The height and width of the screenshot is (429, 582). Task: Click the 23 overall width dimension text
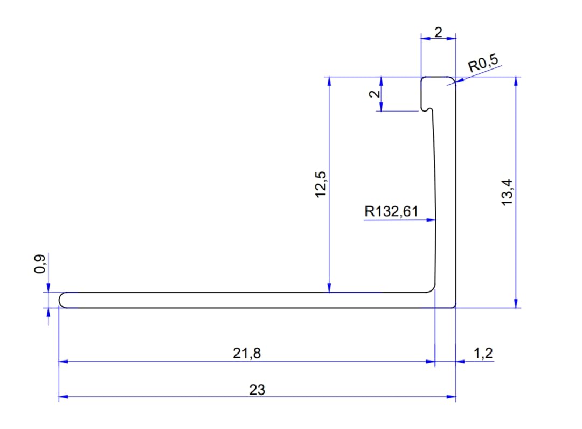(x=257, y=390)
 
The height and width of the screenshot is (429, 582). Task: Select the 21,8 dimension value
(x=247, y=353)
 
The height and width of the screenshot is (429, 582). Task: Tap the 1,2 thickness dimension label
(x=483, y=353)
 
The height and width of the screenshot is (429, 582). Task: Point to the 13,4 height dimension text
(x=507, y=192)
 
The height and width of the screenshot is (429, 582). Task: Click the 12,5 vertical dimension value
(x=320, y=184)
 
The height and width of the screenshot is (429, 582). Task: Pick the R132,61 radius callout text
(x=391, y=211)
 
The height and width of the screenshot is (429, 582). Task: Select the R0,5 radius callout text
(x=483, y=63)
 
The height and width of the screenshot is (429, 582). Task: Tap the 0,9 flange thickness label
(x=40, y=264)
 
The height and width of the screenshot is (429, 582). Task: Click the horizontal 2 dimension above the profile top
(x=438, y=32)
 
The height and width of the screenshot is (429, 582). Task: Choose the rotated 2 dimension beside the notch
(x=375, y=94)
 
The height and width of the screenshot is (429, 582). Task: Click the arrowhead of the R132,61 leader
(x=431, y=220)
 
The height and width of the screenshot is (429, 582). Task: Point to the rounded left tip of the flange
(x=61, y=300)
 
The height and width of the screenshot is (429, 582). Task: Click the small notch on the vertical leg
(x=427, y=109)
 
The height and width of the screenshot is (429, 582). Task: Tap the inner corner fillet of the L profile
(x=432, y=289)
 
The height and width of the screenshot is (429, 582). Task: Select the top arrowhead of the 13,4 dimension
(x=516, y=81)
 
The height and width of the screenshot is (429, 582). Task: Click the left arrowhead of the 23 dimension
(x=64, y=397)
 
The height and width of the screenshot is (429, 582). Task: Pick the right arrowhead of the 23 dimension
(x=451, y=397)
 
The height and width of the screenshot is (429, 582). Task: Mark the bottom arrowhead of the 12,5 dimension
(x=329, y=288)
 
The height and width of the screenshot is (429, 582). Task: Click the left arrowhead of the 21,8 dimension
(x=64, y=361)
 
